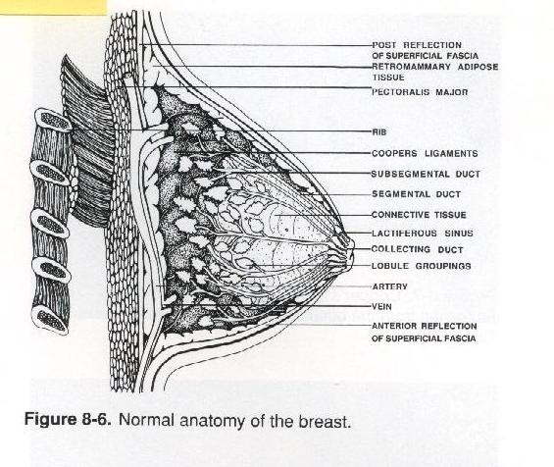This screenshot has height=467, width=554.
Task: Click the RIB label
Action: pos(379,132)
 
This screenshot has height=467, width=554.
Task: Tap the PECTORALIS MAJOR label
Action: pos(420,92)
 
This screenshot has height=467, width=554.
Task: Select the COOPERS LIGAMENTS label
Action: pos(425,154)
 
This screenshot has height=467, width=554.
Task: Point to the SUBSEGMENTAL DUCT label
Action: pos(426,174)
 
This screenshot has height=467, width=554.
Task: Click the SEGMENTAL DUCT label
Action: pos(416,194)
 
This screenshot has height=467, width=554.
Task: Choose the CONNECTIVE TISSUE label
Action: pos(419,215)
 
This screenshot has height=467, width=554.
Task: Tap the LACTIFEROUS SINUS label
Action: pos(423,233)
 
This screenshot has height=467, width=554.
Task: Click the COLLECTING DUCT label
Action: pos(418,249)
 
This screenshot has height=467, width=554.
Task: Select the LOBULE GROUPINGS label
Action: pos(422,266)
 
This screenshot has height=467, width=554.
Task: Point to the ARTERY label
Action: pos(389,286)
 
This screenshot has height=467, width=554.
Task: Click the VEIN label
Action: pos(381,306)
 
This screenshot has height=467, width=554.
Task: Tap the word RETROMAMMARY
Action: pos(411,67)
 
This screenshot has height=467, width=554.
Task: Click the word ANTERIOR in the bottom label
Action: pos(394,326)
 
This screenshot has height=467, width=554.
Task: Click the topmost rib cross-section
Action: pos(54,121)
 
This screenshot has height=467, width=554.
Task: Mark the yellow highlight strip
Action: pos(53,7)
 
